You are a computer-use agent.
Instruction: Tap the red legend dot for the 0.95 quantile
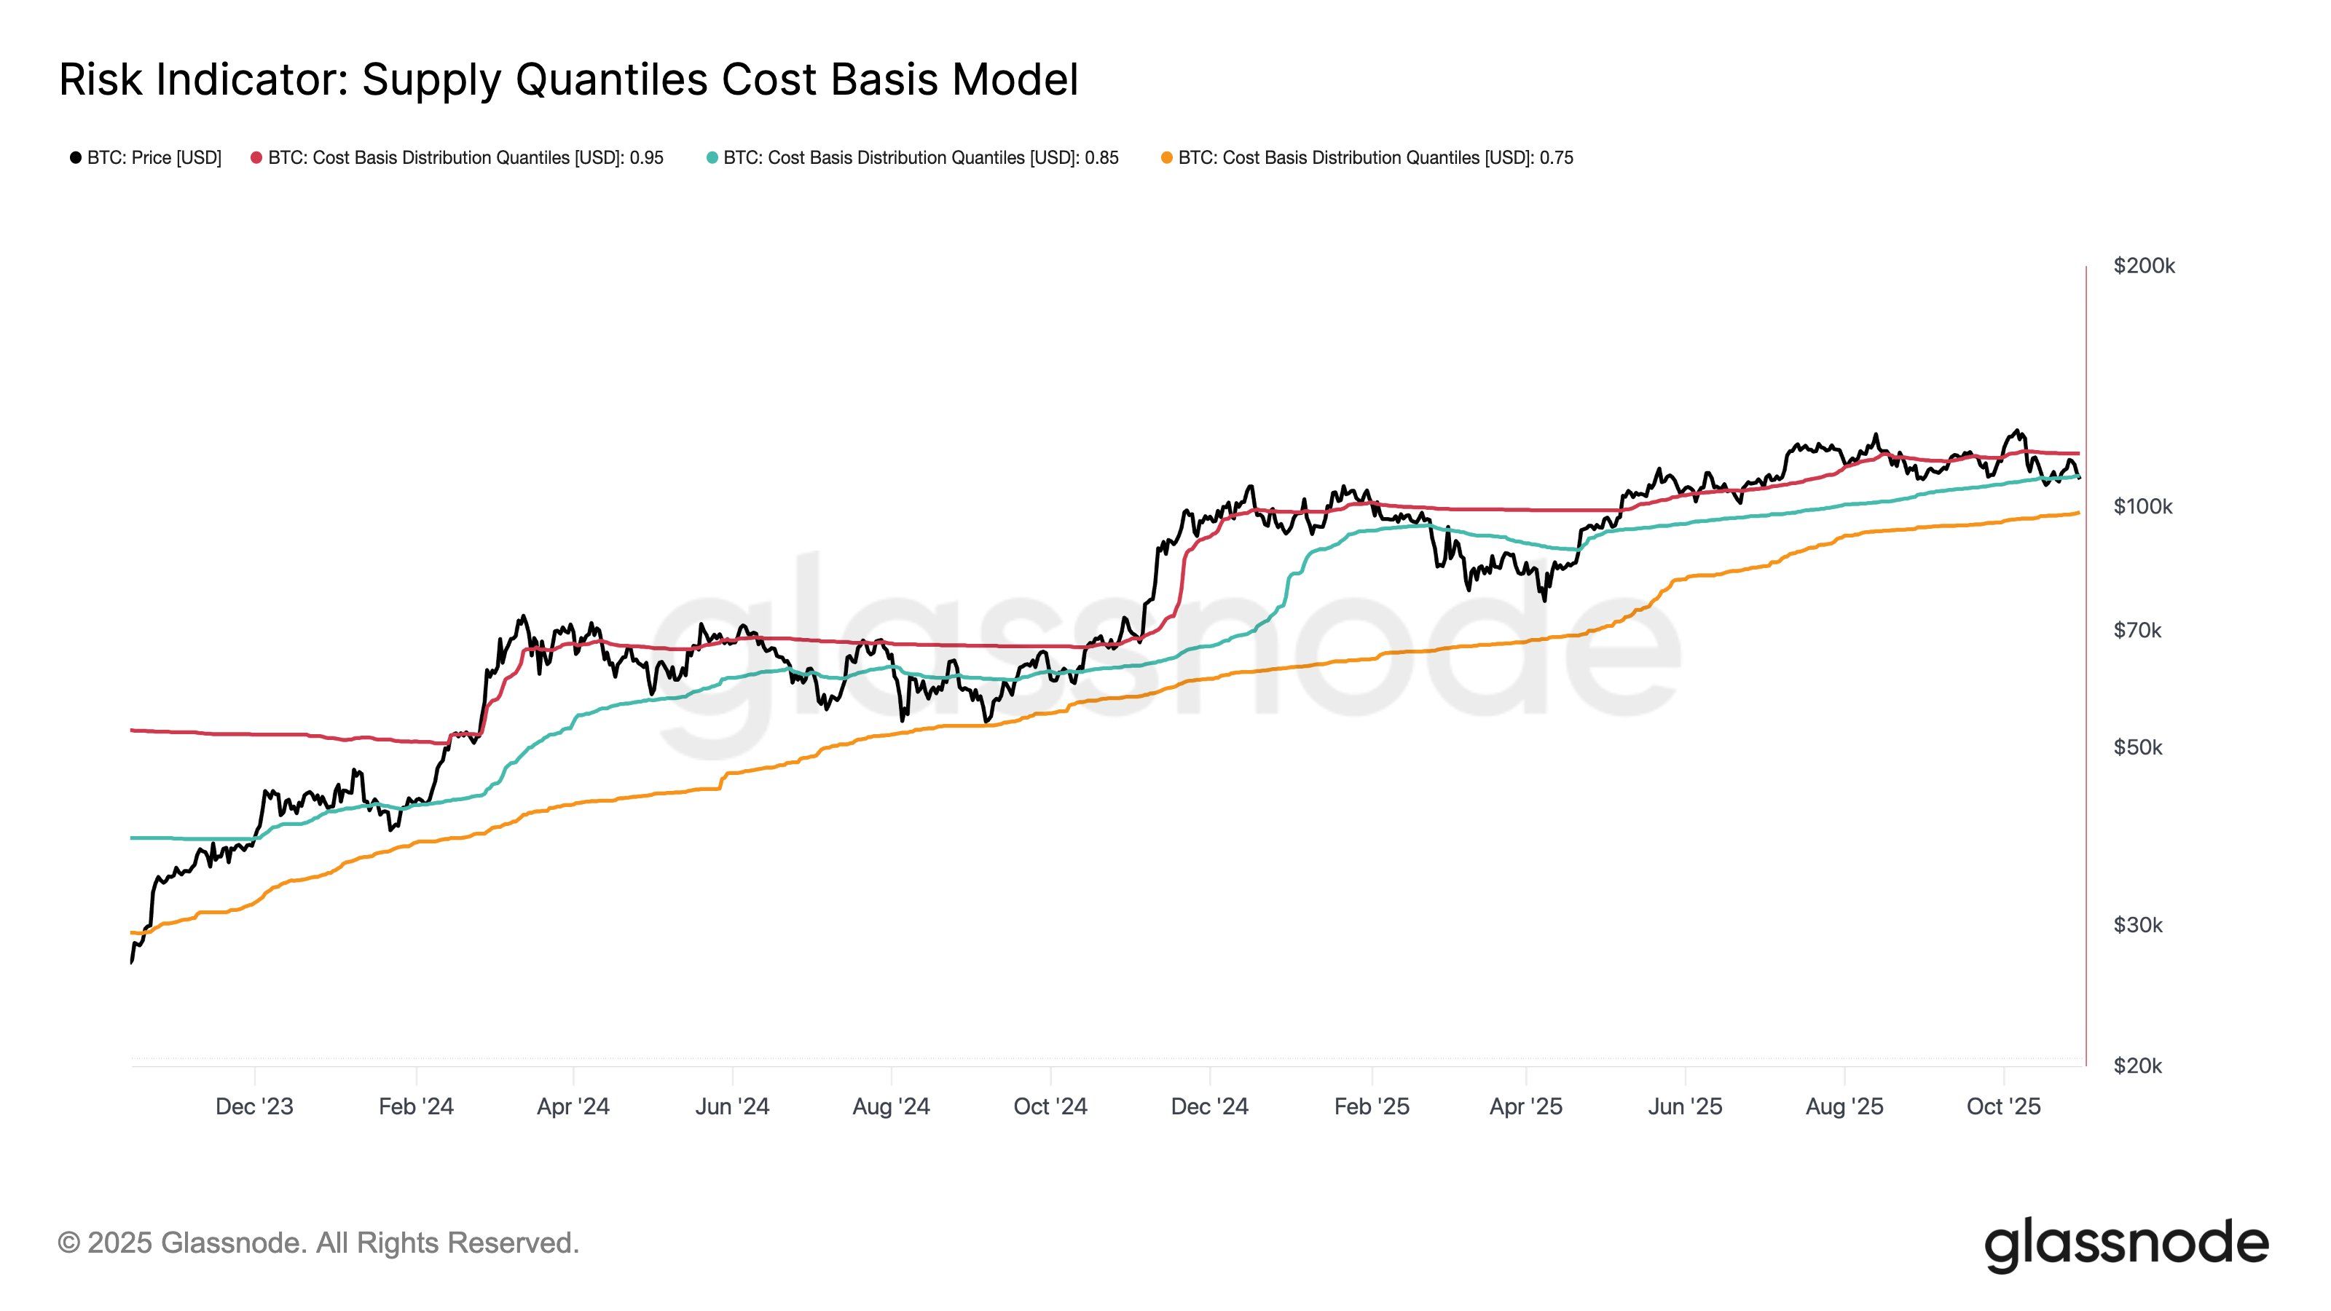click(257, 157)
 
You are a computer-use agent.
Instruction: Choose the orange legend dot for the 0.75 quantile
click(1166, 157)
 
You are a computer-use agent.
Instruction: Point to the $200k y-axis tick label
click(2143, 266)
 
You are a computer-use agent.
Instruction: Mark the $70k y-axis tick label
click(2137, 631)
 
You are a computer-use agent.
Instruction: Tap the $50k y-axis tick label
click(2137, 747)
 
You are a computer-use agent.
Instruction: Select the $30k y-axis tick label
click(2137, 925)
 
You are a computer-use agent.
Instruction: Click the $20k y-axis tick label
click(2137, 1066)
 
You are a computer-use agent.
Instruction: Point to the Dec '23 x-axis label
click(254, 1106)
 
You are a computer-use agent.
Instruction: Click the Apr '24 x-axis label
click(573, 1106)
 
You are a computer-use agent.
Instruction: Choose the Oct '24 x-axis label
click(1050, 1106)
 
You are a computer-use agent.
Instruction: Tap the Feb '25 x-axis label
click(1371, 1106)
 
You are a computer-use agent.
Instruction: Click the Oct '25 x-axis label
click(2003, 1106)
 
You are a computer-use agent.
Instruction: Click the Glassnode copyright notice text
click(318, 1243)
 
